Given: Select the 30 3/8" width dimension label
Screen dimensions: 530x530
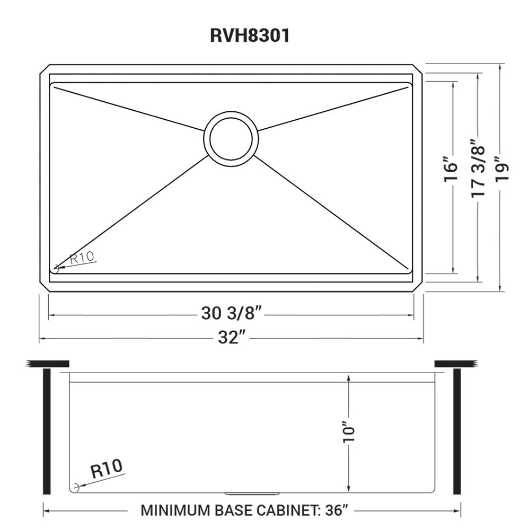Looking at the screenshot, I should click(x=232, y=314).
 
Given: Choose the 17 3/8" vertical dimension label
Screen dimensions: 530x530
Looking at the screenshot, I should click(x=478, y=169).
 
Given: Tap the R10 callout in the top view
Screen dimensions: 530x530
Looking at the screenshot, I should click(x=82, y=258).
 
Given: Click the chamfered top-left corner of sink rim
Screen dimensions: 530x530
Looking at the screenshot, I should click(x=44, y=69).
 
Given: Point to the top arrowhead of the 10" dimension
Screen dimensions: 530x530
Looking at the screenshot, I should click(x=348, y=377).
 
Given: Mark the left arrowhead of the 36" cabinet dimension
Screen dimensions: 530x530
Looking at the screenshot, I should click(x=46, y=511).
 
